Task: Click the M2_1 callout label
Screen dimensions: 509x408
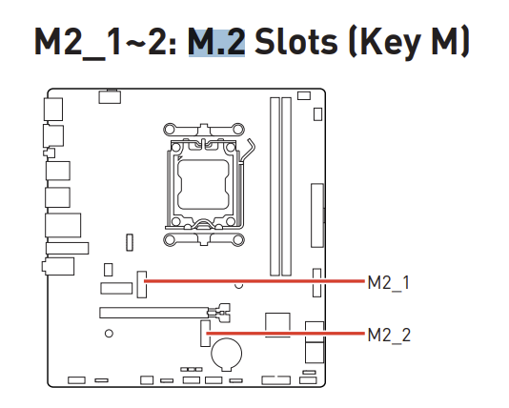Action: pos(389,283)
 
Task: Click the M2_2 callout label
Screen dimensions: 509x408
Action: pos(389,335)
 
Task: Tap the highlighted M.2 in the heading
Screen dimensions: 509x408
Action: pos(216,42)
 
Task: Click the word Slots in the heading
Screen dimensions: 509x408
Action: pos(296,42)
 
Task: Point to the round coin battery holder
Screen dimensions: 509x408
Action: pos(226,354)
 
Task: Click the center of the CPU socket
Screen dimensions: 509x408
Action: pos(203,184)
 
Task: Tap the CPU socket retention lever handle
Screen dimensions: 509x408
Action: pos(249,150)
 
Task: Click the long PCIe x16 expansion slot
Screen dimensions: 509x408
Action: pos(154,313)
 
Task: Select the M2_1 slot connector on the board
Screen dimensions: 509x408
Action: pos(141,284)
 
